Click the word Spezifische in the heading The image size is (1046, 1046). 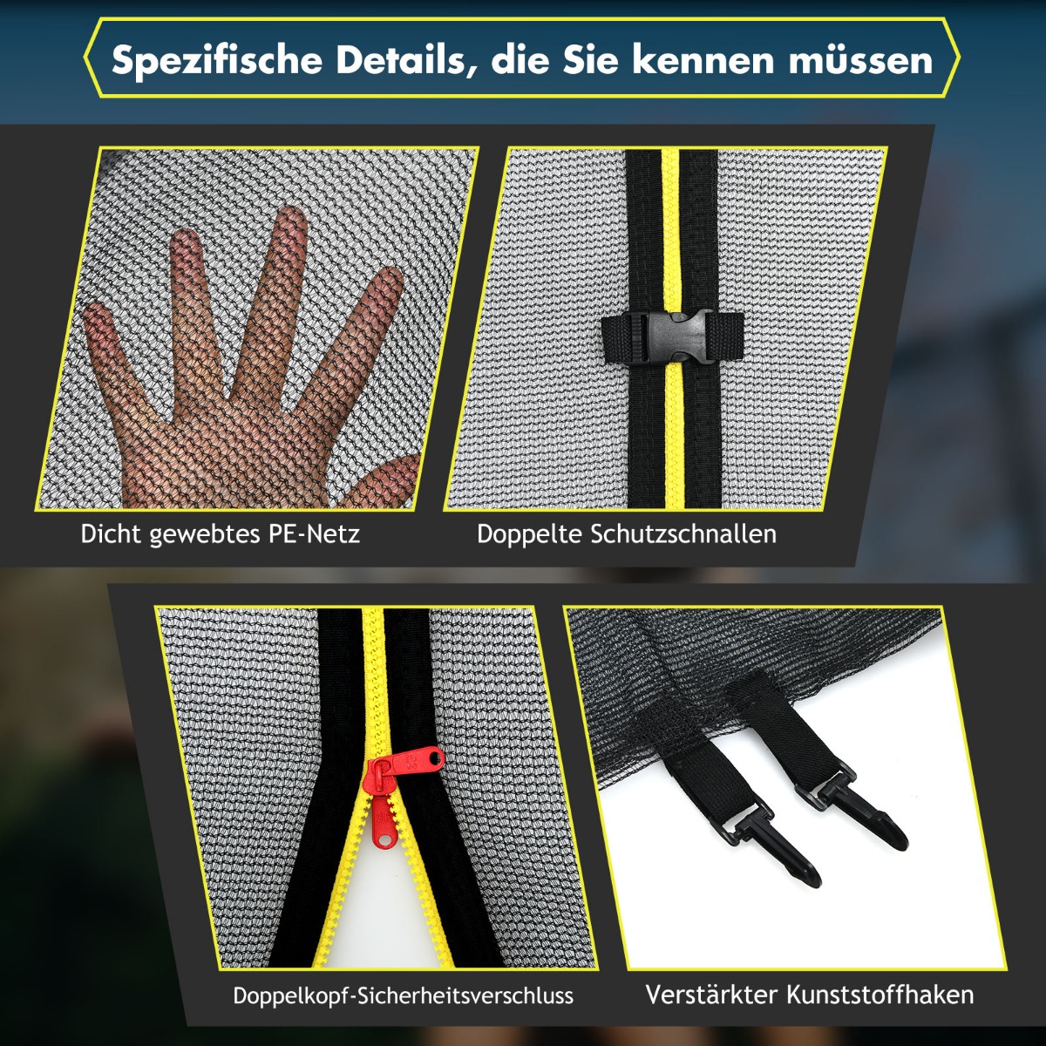click(217, 61)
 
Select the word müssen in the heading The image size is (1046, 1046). click(860, 60)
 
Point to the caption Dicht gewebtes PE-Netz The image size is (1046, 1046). click(220, 534)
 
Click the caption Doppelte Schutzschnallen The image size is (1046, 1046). click(627, 534)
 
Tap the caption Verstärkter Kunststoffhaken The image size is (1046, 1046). click(809, 995)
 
